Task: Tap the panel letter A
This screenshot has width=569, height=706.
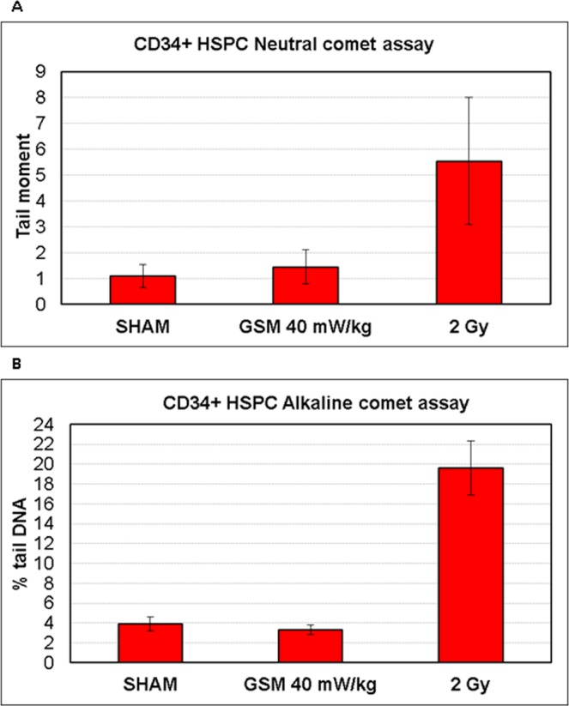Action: pyautogui.click(x=9, y=8)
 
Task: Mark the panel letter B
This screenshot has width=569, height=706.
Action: pyautogui.click(x=9, y=364)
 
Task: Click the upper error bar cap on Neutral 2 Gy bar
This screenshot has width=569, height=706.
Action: pyautogui.click(x=469, y=98)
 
